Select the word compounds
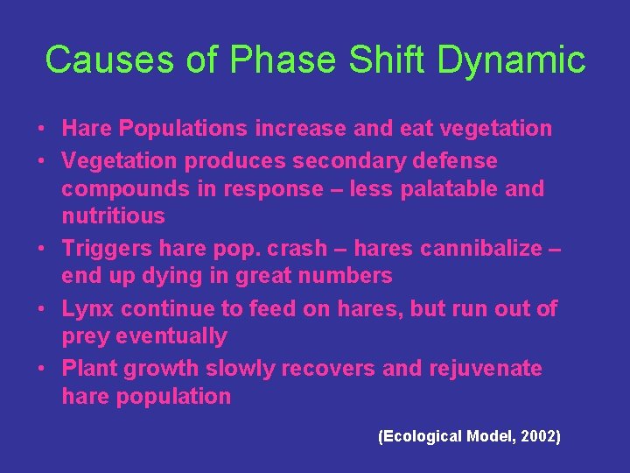pos(121,189)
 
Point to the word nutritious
pos(113,215)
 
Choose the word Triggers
pos(102,249)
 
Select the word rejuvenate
pos(486,369)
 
